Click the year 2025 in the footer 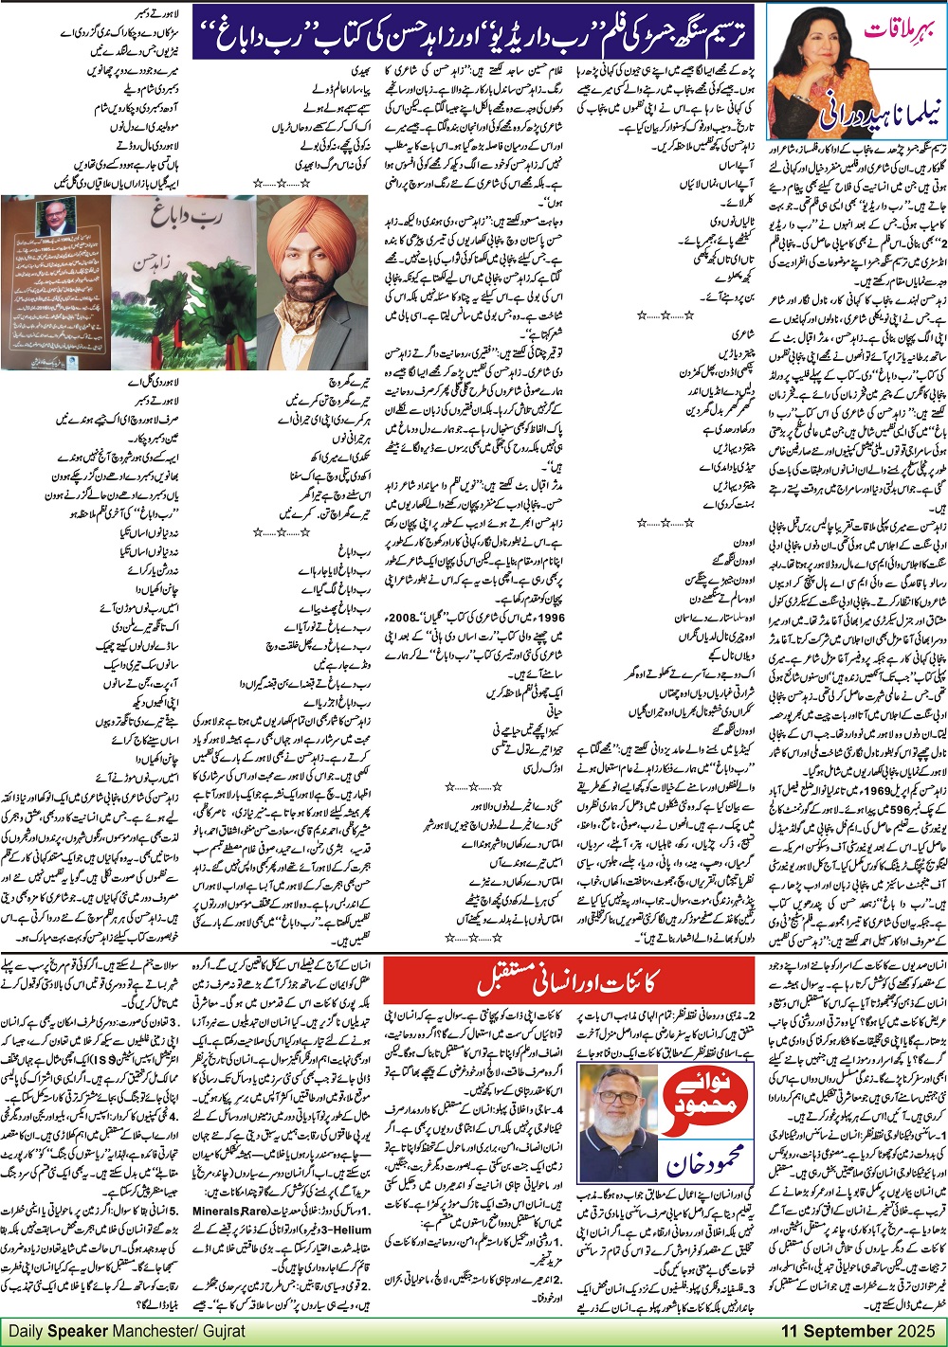[917, 1331]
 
